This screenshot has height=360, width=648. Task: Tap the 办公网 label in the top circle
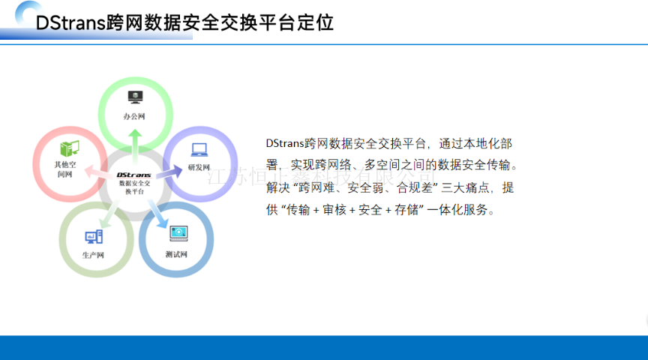coord(134,117)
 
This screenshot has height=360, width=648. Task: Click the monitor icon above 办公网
coord(135,96)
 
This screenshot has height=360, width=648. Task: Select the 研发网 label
coord(199,166)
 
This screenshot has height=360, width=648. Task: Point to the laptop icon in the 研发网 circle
coord(199,149)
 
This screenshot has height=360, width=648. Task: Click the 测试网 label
coord(176,254)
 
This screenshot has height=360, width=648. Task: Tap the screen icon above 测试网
coord(177,234)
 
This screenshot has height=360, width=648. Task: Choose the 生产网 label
coord(93,255)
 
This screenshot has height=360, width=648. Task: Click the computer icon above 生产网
coord(94,237)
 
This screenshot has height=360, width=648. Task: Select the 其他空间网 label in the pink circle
coord(65,169)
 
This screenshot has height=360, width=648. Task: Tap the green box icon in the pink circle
coord(69,148)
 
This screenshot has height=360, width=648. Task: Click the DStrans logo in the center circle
coord(133,175)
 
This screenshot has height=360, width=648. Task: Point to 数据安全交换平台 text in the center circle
coord(134,187)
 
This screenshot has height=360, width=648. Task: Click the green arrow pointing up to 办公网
coord(134,142)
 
